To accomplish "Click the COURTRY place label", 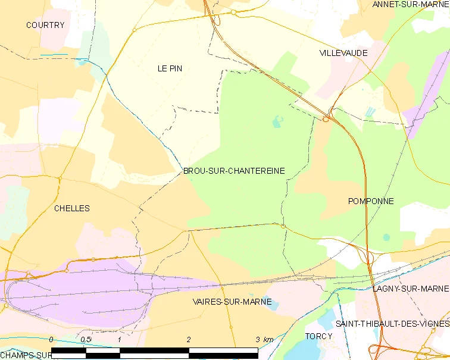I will point(45,25).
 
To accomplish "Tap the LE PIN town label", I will point(170,68).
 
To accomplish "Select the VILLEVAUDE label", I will point(343,53).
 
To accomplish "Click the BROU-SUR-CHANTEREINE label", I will point(234,171).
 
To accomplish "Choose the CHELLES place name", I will point(72,208).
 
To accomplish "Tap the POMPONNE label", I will point(371,201).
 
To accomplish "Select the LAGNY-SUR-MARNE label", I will point(411,289).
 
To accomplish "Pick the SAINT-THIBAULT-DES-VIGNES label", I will point(392,324).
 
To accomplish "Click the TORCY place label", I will point(318,336).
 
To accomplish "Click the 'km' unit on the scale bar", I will point(268,339).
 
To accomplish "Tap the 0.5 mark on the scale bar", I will point(85,339).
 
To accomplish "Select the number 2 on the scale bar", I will point(189,339).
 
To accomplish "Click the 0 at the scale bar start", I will point(51,339).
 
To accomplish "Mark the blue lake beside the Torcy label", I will point(326,321).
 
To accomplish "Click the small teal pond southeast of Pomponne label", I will point(386,237).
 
